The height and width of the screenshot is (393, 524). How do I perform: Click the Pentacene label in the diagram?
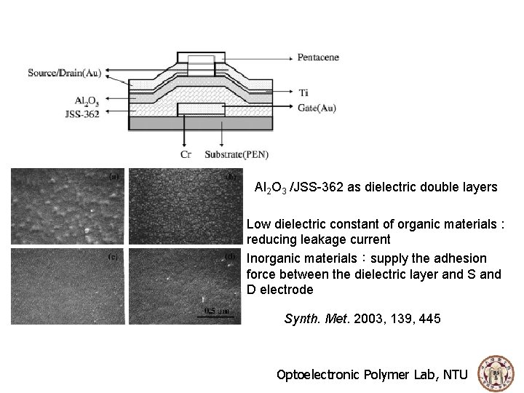click(318, 57)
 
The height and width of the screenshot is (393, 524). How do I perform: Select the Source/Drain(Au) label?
click(65, 72)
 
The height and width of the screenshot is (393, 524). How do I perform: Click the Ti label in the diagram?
click(303, 93)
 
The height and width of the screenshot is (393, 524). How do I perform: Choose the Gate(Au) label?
click(317, 108)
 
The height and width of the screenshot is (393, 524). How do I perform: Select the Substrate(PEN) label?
click(235, 154)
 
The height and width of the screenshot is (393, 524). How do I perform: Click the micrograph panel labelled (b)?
click(185, 208)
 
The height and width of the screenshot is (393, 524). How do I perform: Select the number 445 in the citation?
click(429, 319)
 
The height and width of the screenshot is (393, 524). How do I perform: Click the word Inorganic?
click(273, 258)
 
